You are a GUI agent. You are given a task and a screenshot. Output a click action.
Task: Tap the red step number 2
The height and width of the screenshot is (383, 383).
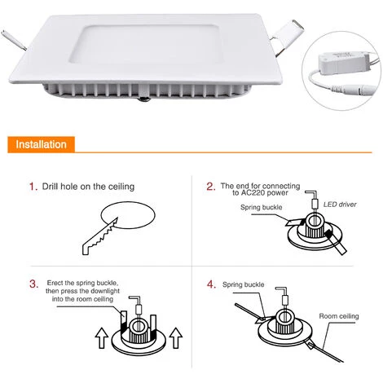point(210,187)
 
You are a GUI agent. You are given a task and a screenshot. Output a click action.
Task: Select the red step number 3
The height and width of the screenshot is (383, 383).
point(33,284)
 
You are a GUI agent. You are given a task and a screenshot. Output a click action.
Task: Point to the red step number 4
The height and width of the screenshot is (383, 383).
point(210,284)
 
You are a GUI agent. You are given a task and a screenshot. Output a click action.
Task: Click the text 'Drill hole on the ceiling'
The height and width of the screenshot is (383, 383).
point(89,187)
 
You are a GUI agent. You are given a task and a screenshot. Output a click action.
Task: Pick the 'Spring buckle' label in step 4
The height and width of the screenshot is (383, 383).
point(244,284)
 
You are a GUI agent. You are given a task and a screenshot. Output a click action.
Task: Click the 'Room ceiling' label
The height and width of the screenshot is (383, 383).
point(339,315)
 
